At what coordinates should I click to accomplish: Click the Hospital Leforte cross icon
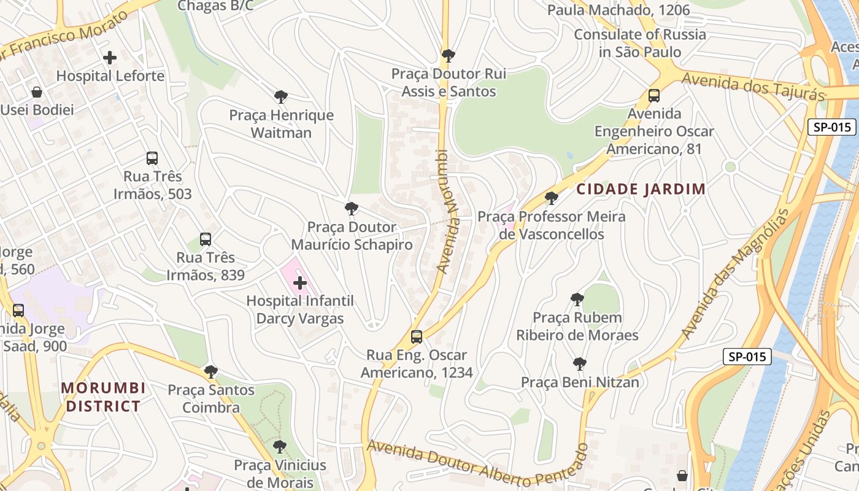tap(110, 58)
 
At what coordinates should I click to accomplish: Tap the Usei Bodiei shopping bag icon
tap(37, 92)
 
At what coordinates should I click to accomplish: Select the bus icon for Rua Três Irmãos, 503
tap(152, 158)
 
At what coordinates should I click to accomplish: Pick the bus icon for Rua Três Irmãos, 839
tap(206, 239)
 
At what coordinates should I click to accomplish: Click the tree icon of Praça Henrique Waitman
tap(281, 97)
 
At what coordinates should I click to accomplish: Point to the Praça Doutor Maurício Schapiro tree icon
tap(351, 209)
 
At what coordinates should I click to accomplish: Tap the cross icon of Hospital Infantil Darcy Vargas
tap(300, 283)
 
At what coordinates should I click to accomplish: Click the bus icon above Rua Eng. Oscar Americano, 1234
tap(417, 337)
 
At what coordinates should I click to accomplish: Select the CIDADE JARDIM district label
tap(641, 189)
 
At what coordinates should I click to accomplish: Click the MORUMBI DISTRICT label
tap(103, 397)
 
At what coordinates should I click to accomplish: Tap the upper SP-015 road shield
tap(831, 127)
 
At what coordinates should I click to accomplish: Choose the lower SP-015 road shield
tap(747, 357)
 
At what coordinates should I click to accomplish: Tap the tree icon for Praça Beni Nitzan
tap(579, 364)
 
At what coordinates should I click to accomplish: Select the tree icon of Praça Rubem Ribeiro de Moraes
tap(577, 300)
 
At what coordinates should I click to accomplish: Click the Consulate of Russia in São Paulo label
tap(640, 43)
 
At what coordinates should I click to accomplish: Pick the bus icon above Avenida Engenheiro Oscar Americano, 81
tap(654, 96)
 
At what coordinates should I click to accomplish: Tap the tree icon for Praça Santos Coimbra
tap(210, 372)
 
